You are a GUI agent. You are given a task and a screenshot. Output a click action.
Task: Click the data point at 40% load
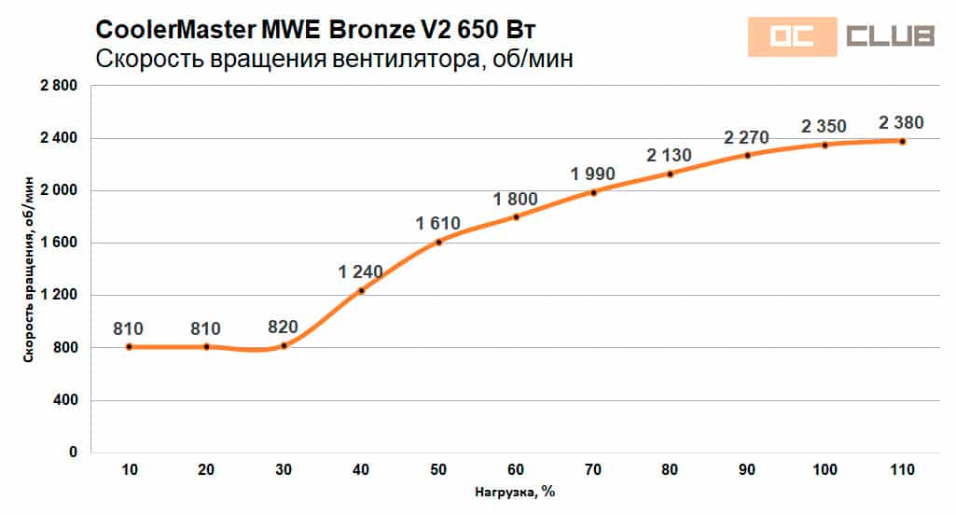click(x=361, y=290)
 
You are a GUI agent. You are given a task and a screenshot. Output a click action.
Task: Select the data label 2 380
click(x=902, y=122)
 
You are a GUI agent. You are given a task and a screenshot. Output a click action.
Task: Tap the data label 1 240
click(x=361, y=271)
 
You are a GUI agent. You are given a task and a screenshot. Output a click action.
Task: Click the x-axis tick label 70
click(x=593, y=471)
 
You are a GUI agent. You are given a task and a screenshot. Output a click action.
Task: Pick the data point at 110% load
click(x=902, y=141)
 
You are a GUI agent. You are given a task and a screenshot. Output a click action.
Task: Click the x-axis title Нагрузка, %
click(x=515, y=492)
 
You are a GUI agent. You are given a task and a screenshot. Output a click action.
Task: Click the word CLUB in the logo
click(x=890, y=36)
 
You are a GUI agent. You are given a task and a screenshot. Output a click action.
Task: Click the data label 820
click(x=284, y=327)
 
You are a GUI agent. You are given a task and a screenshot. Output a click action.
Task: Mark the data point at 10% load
click(x=129, y=346)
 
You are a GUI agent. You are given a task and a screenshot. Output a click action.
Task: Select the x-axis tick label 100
click(x=824, y=471)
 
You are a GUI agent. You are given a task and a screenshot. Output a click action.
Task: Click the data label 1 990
click(x=593, y=174)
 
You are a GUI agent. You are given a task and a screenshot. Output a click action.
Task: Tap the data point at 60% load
click(x=516, y=216)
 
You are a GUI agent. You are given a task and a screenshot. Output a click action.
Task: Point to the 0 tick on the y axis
click(x=72, y=452)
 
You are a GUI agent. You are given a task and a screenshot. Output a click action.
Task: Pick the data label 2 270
click(x=747, y=138)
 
